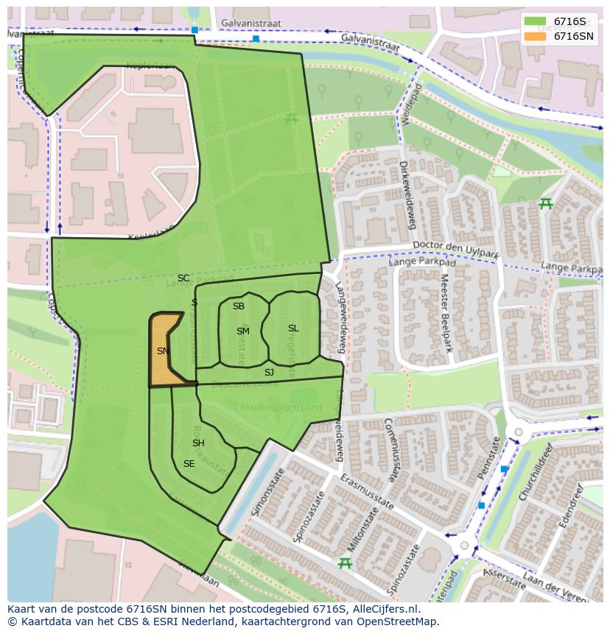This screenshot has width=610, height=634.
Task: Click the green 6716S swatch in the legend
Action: pos(536,21)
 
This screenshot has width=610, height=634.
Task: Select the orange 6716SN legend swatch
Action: pos(536,36)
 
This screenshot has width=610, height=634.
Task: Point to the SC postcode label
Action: pos(183,278)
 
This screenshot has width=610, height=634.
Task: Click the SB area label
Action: pos(239,306)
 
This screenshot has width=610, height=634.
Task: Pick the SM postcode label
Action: pos(243,331)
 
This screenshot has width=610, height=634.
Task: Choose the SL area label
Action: pos(293,328)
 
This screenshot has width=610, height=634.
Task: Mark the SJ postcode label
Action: pos(269,373)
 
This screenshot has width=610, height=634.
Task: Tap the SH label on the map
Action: pos(198,443)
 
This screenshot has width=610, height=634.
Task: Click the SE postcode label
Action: pos(189,464)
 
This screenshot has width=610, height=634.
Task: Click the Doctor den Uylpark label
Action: pos(456,248)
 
